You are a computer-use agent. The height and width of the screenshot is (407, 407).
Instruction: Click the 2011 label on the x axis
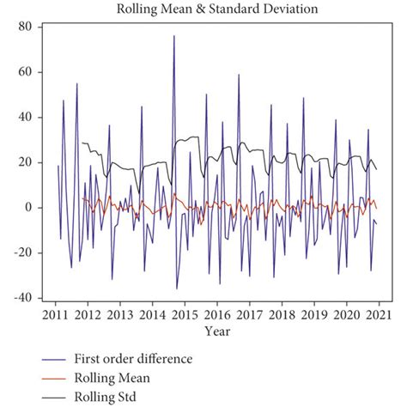[x=55, y=314]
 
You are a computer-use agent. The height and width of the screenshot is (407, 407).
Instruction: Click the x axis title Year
[x=217, y=330]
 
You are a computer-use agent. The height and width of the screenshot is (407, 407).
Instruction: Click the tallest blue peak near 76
[x=173, y=36]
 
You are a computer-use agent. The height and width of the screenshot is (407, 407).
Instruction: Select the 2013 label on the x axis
[x=120, y=314]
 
